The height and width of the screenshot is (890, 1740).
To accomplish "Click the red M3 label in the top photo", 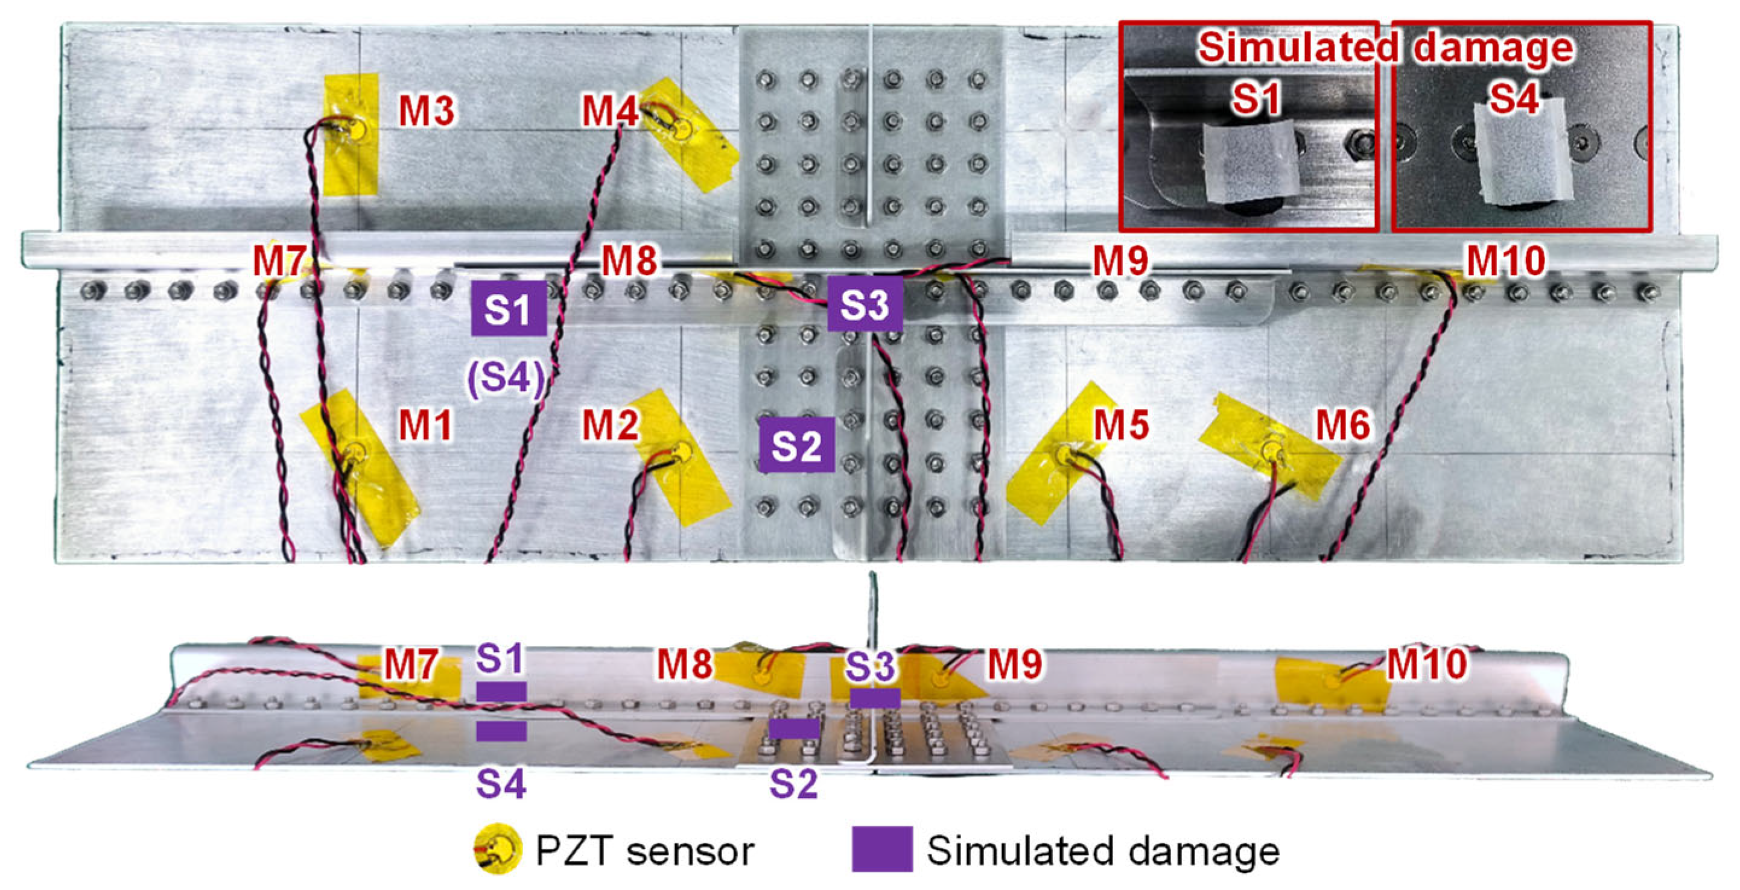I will coord(426,111).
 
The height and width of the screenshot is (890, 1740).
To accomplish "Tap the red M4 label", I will coord(609,111).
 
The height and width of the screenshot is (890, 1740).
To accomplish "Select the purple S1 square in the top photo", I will coord(509,309).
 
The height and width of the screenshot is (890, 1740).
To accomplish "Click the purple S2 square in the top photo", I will coord(796,445).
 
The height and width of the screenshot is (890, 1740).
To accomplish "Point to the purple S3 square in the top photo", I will coord(865,304).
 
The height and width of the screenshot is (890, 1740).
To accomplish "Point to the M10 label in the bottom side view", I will coord(1427,664).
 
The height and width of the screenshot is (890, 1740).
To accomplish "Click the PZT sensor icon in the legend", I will coord(498,850).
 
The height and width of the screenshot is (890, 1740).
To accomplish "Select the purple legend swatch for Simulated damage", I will coord(882,849).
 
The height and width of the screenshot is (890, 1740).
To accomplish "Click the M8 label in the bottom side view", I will coord(684,664).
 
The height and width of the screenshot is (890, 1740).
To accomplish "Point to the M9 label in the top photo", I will coord(1120,260).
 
